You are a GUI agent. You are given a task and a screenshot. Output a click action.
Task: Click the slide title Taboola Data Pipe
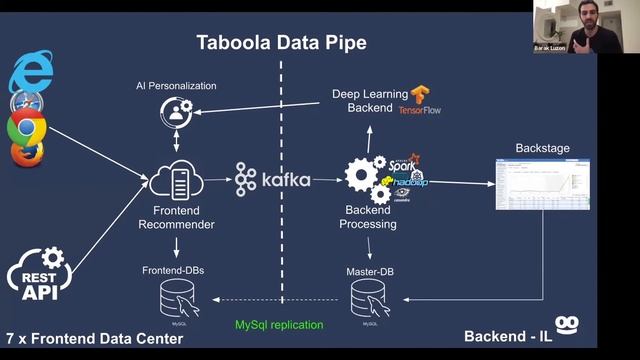pos(280,43)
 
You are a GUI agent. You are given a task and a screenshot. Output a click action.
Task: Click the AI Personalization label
pos(176,86)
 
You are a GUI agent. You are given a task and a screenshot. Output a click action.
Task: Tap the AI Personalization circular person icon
pos(176,113)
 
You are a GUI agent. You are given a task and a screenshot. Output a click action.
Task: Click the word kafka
pos(285,180)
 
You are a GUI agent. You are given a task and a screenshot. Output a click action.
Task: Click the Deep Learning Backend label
pos(370,100)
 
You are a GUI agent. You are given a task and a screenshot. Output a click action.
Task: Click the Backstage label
pos(542,148)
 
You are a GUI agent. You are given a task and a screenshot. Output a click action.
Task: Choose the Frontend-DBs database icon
pos(176,298)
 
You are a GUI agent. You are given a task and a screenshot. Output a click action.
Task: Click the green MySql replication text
pos(279,325)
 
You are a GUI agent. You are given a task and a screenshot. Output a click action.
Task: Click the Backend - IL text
pos(508,332)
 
